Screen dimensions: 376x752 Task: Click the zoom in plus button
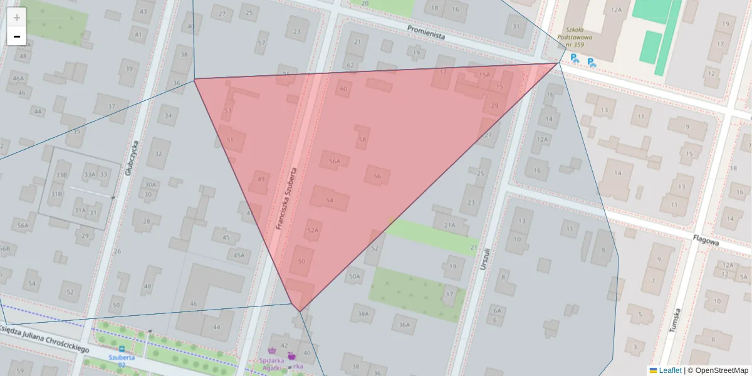pyautogui.click(x=17, y=17)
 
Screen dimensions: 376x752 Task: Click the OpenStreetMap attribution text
pyautogui.click(x=721, y=370)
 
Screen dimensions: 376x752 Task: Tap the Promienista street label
pyautogui.click(x=426, y=32)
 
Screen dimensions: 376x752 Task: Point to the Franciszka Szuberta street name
pyautogui.click(x=286, y=197)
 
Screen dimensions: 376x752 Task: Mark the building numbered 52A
pyautogui.click(x=313, y=230)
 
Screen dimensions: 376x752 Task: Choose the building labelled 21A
pyautogui.click(x=449, y=225)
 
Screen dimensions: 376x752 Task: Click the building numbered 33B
pyautogui.click(x=61, y=174)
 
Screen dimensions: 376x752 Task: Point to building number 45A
pyautogui.click(x=239, y=255)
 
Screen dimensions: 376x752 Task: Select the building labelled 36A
pyautogui.click(x=404, y=325)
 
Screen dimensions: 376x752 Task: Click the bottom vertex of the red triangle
pyautogui.click(x=300, y=311)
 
